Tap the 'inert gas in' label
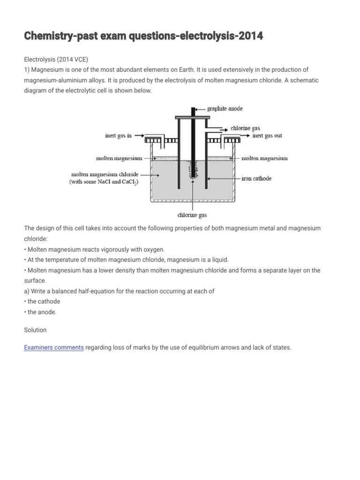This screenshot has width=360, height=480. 118,136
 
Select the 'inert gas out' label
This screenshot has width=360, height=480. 267,136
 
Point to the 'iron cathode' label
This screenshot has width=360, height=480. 256,179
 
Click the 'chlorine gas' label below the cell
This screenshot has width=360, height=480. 192,215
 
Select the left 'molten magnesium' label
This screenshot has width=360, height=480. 119,158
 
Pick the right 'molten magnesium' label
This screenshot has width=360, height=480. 264,158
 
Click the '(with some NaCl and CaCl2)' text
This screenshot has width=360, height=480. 104,182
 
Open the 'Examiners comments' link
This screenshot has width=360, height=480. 54,348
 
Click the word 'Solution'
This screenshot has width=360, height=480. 35,330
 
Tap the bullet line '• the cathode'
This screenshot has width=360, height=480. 42,301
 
